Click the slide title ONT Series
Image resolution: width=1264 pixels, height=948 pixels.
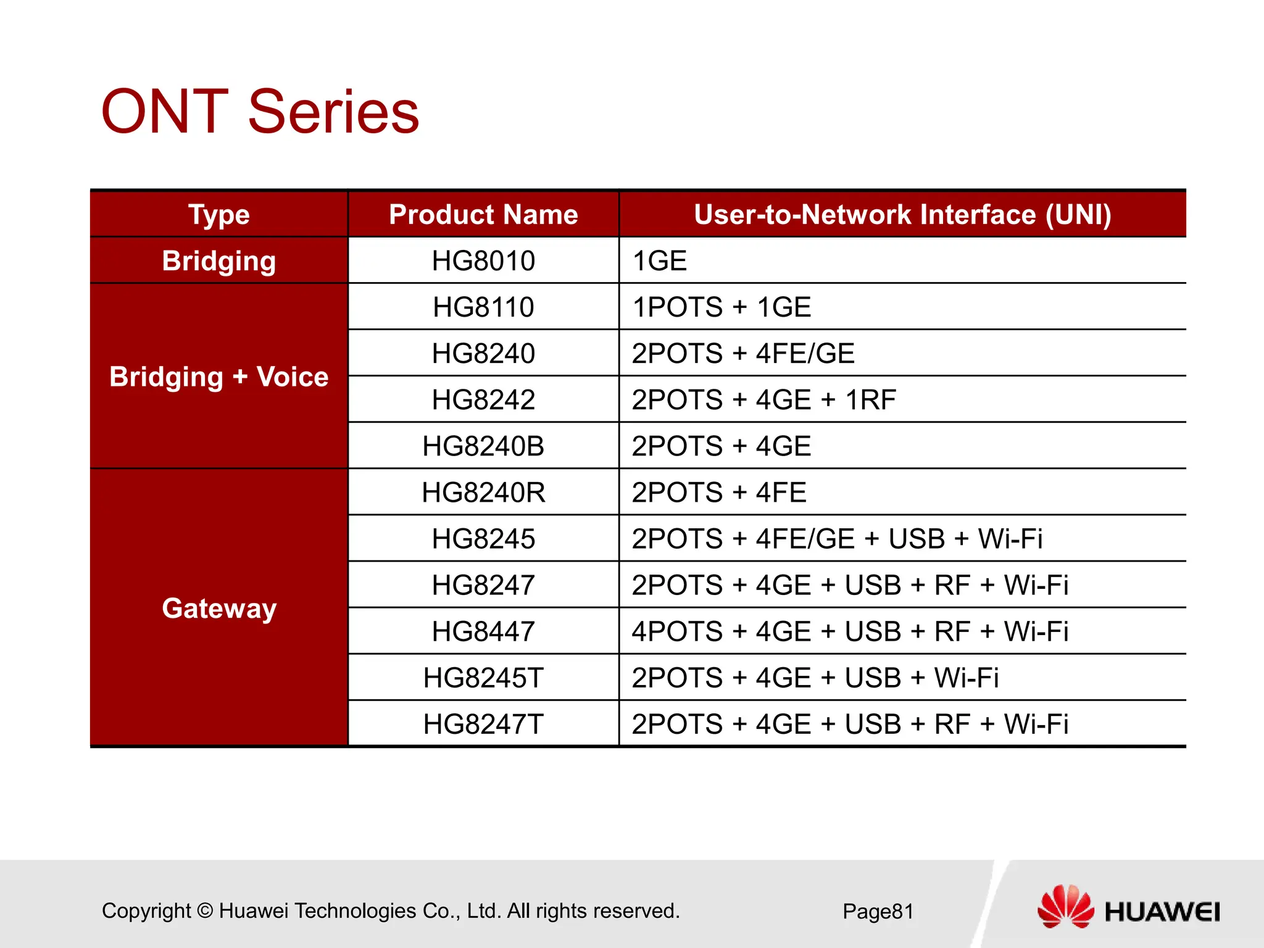coord(260,112)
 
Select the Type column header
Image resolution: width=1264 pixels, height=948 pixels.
coord(219,215)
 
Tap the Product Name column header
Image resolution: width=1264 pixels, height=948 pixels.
coord(483,215)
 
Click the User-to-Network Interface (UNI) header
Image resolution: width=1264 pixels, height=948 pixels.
coord(902,215)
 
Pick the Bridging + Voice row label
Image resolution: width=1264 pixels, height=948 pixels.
coord(219,376)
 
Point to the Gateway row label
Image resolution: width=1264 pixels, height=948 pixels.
coord(219,609)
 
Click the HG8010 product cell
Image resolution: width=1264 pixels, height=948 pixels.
coord(483,260)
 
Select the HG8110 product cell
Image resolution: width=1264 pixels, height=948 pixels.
coord(483,307)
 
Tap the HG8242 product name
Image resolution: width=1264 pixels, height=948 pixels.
coord(483,399)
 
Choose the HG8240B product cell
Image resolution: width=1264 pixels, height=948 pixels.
coord(483,446)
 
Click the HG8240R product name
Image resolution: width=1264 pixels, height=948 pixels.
coord(483,493)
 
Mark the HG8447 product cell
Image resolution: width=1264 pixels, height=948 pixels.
coord(483,631)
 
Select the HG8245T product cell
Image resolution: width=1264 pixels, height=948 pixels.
coord(483,678)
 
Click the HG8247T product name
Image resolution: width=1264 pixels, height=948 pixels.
coord(483,724)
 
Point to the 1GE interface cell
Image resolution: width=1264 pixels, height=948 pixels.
coord(660,260)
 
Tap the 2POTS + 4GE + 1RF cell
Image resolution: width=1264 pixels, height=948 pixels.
coord(763,399)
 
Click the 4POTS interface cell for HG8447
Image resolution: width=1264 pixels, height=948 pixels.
coord(850,631)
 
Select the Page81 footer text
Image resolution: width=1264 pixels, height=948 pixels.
coord(878,912)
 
